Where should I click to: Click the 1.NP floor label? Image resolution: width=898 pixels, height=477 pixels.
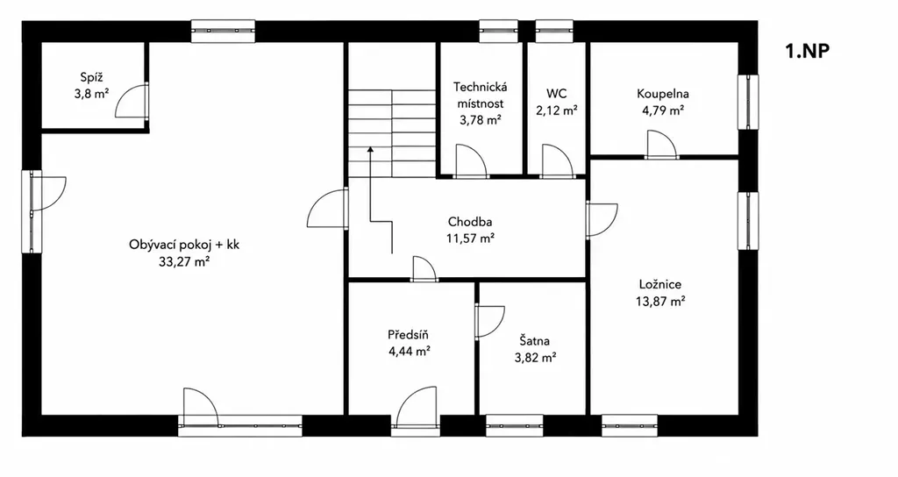click(807, 51)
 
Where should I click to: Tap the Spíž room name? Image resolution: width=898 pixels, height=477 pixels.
click(91, 77)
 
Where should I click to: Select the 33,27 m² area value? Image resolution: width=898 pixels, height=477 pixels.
click(184, 261)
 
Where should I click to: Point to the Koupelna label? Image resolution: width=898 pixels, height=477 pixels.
click(663, 94)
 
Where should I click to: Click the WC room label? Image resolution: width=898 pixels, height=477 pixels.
click(556, 94)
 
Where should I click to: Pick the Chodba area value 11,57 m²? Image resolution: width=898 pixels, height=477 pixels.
click(470, 238)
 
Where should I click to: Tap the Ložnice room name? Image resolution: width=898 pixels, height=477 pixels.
click(660, 285)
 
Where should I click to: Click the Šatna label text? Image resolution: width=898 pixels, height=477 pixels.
click(535, 341)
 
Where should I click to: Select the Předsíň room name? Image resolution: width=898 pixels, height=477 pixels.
click(409, 335)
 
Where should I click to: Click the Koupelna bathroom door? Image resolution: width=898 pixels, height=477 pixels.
click(661, 144)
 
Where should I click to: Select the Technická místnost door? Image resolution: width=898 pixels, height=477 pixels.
click(472, 160)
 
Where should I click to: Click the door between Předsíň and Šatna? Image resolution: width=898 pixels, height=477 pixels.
click(489, 321)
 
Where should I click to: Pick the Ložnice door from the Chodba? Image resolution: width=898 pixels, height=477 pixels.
click(602, 220)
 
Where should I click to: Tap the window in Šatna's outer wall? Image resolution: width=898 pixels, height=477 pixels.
click(515, 425)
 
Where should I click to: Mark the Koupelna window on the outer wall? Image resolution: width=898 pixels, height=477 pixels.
click(747, 102)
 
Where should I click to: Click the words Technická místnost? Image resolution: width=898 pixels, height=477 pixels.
click(481, 95)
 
